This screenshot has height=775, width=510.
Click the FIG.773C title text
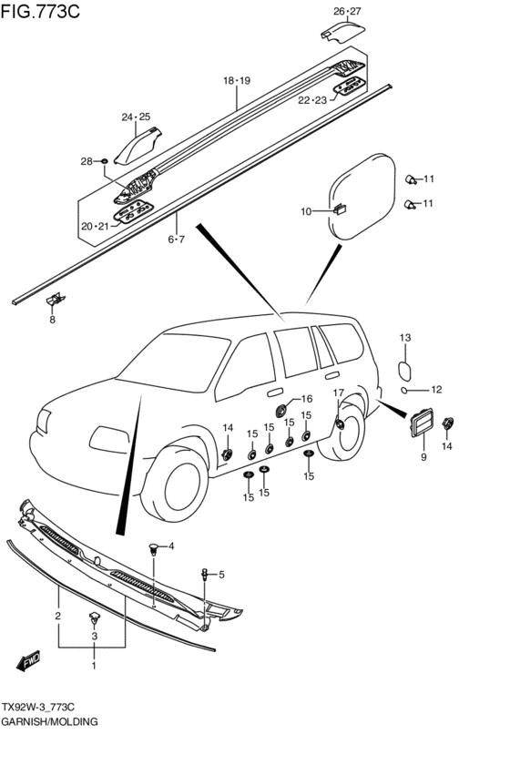pos(40,11)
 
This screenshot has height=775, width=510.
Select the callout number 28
pos(87,161)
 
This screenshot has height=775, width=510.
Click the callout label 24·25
pos(136,117)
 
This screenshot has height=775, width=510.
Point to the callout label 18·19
pos(237,80)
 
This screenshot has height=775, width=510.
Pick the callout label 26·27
pos(347,11)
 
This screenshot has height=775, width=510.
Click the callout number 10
pos(306,211)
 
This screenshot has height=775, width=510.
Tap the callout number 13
pos(404,338)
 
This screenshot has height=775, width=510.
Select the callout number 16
pos(307,399)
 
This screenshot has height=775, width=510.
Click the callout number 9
pos(423,457)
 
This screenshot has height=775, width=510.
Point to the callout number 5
pos(221,575)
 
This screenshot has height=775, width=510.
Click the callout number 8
pos(53,320)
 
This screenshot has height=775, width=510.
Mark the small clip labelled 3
pos(94,617)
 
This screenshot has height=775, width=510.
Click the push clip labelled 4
pos(155,548)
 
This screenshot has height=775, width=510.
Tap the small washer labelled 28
pos(104,161)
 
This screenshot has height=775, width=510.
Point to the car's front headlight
pos(44,422)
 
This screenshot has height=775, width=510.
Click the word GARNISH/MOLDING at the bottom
pos(49,721)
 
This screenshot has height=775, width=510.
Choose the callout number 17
pos(338,393)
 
